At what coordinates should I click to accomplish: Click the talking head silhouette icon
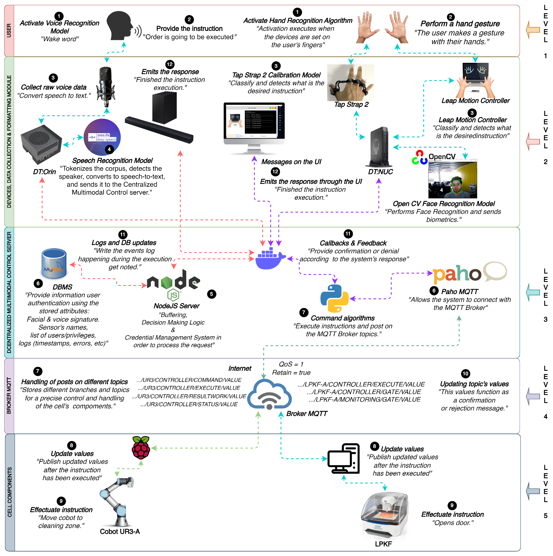119,26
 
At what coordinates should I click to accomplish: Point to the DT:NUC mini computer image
379,147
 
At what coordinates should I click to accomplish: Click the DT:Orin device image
41,144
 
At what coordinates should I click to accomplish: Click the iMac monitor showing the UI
254,127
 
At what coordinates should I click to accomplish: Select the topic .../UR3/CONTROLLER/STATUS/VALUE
189,404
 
